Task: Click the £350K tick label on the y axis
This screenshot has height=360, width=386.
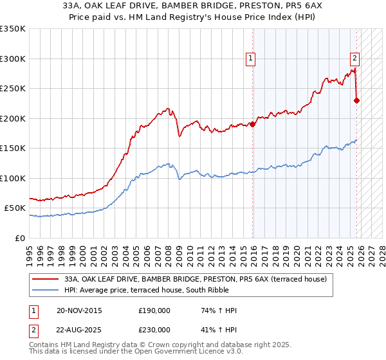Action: (x=13, y=29)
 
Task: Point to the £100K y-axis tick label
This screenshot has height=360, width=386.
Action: (x=13, y=178)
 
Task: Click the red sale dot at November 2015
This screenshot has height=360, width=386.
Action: (x=253, y=124)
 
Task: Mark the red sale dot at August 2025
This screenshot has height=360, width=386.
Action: (x=356, y=100)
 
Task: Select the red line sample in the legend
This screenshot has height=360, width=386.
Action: (x=46, y=279)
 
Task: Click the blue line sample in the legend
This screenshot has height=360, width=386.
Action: (x=46, y=290)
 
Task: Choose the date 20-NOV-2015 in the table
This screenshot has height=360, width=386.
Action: (x=79, y=310)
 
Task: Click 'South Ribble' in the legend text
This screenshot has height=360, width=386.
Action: (x=186, y=290)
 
